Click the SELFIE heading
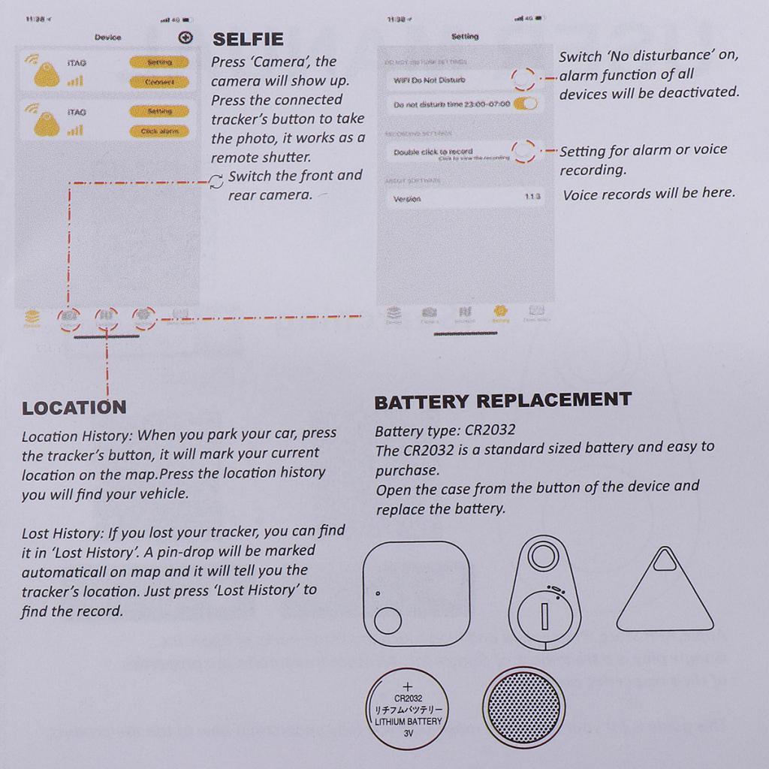(x=248, y=39)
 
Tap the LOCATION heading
(x=74, y=408)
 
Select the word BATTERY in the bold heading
(x=422, y=402)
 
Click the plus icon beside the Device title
(x=185, y=38)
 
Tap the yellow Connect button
(x=159, y=81)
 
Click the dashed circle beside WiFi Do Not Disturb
(x=523, y=78)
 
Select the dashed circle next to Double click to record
(x=524, y=151)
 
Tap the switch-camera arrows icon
(x=216, y=181)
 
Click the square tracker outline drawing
(x=416, y=593)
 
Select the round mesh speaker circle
(x=523, y=709)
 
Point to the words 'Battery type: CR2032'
(x=445, y=431)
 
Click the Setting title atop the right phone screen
(x=465, y=36)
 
